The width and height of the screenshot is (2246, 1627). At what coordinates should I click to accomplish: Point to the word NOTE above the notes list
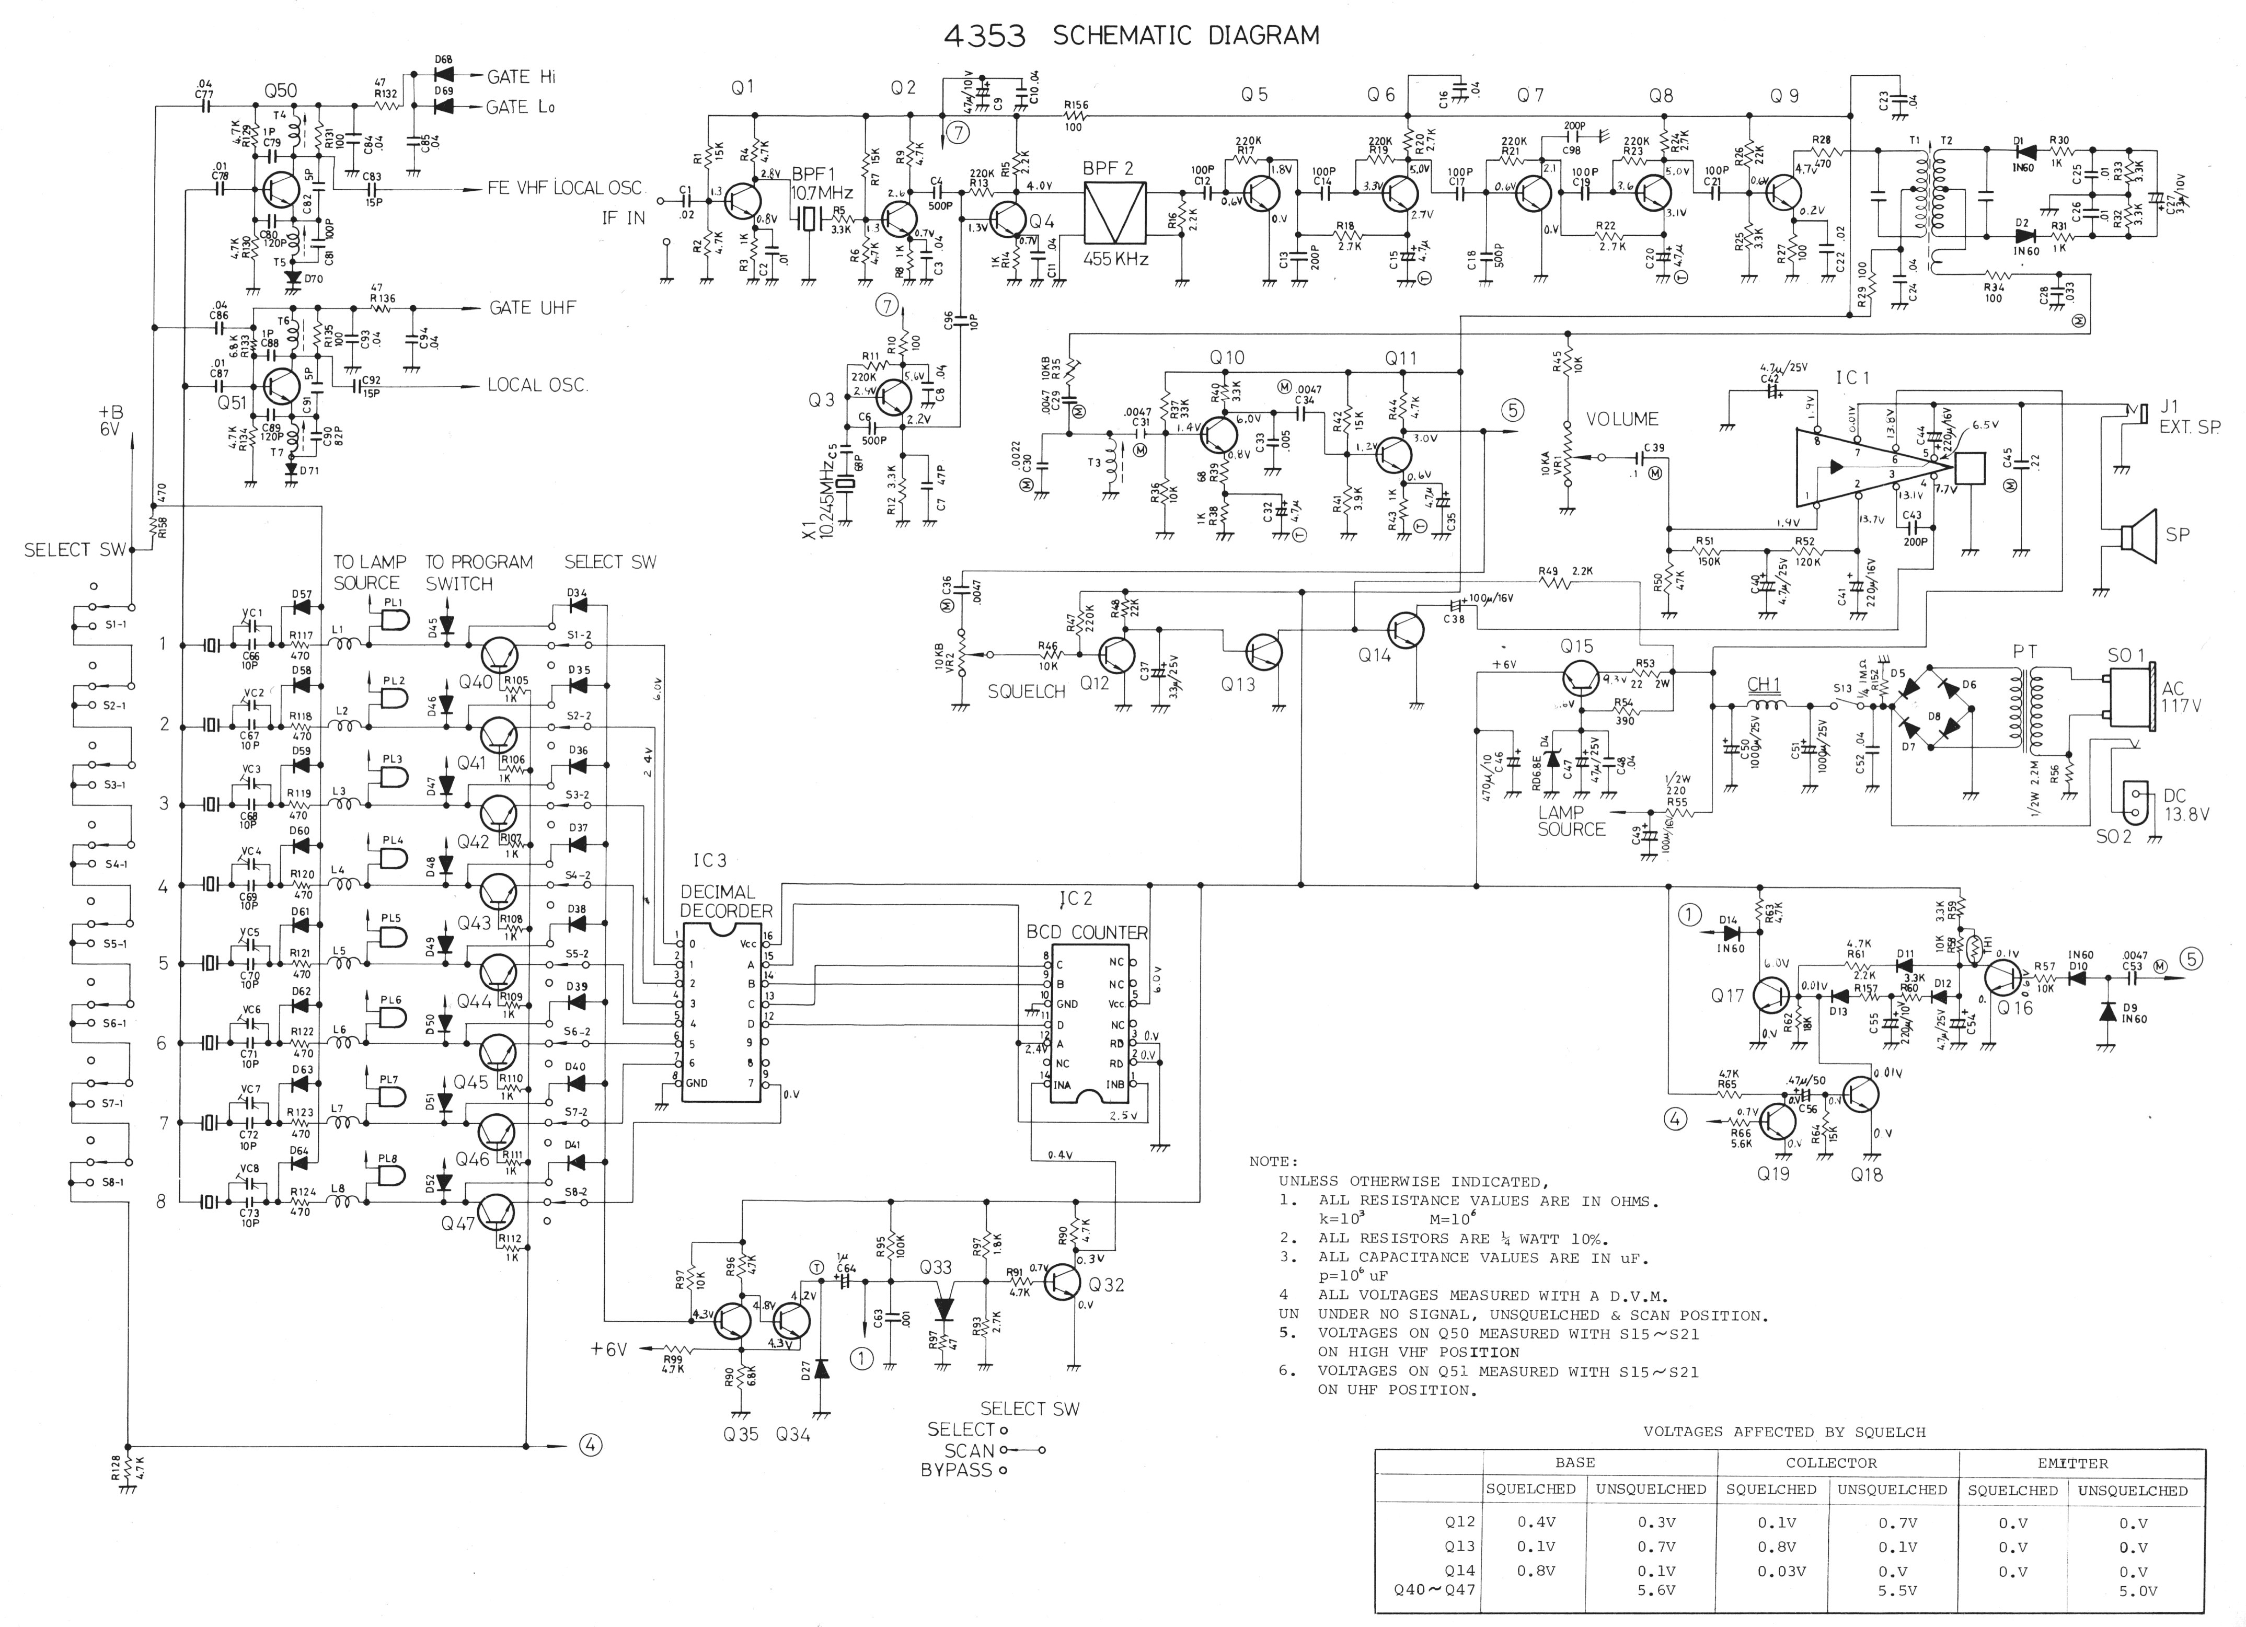(x=1273, y=1161)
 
